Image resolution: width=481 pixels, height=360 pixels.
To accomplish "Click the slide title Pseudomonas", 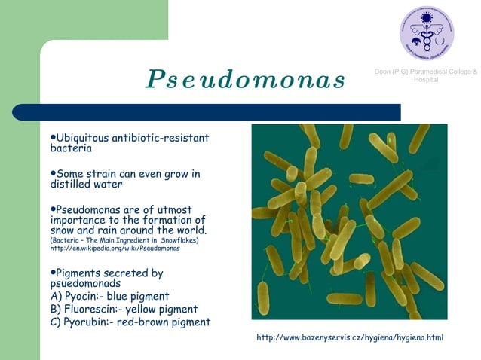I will [x=245, y=78].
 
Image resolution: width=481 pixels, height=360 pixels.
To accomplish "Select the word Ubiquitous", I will [x=82, y=138].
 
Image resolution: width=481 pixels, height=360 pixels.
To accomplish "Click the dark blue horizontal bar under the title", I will [x=219, y=111].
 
